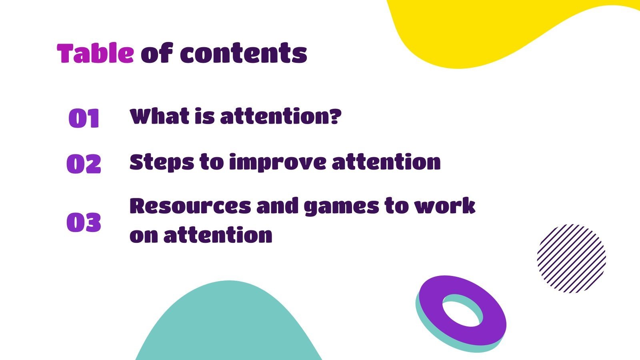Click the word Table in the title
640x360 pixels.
coord(95,53)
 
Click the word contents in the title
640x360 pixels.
coord(243,54)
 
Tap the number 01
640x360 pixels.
coord(84,118)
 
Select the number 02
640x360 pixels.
coord(84,164)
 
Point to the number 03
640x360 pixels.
coord(84,222)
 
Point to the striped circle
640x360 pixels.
coord(571,258)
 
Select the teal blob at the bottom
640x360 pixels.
coord(229,324)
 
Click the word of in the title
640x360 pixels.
coord(156,53)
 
